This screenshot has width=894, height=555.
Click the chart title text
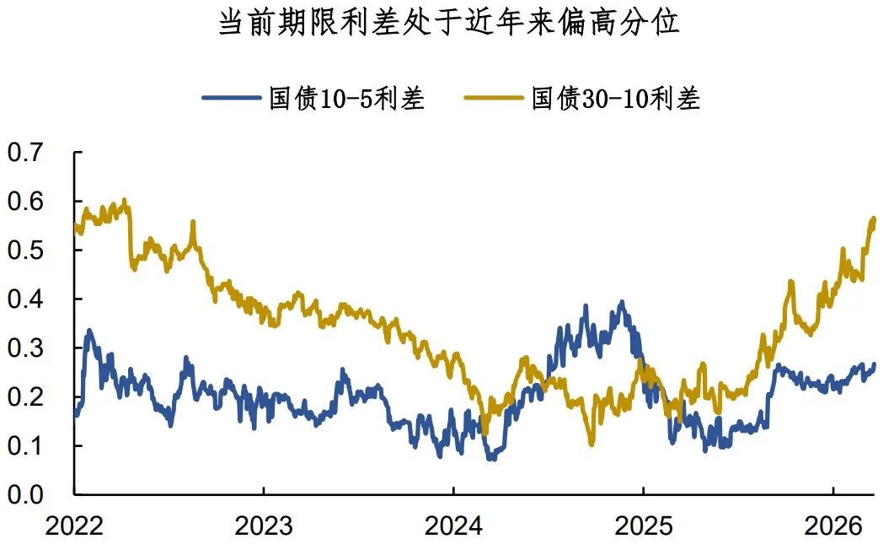coord(448,23)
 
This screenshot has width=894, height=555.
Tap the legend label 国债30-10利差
coord(616,99)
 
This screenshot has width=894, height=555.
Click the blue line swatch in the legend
coord(231,99)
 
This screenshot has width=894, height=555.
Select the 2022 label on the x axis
coord(74,527)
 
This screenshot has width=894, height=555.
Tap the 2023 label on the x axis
coord(264,527)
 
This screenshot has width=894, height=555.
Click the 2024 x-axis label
coord(453,527)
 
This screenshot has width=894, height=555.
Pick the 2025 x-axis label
coord(643,527)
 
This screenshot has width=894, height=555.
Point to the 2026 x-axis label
coord(832,527)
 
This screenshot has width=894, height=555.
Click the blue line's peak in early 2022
coord(89,331)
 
